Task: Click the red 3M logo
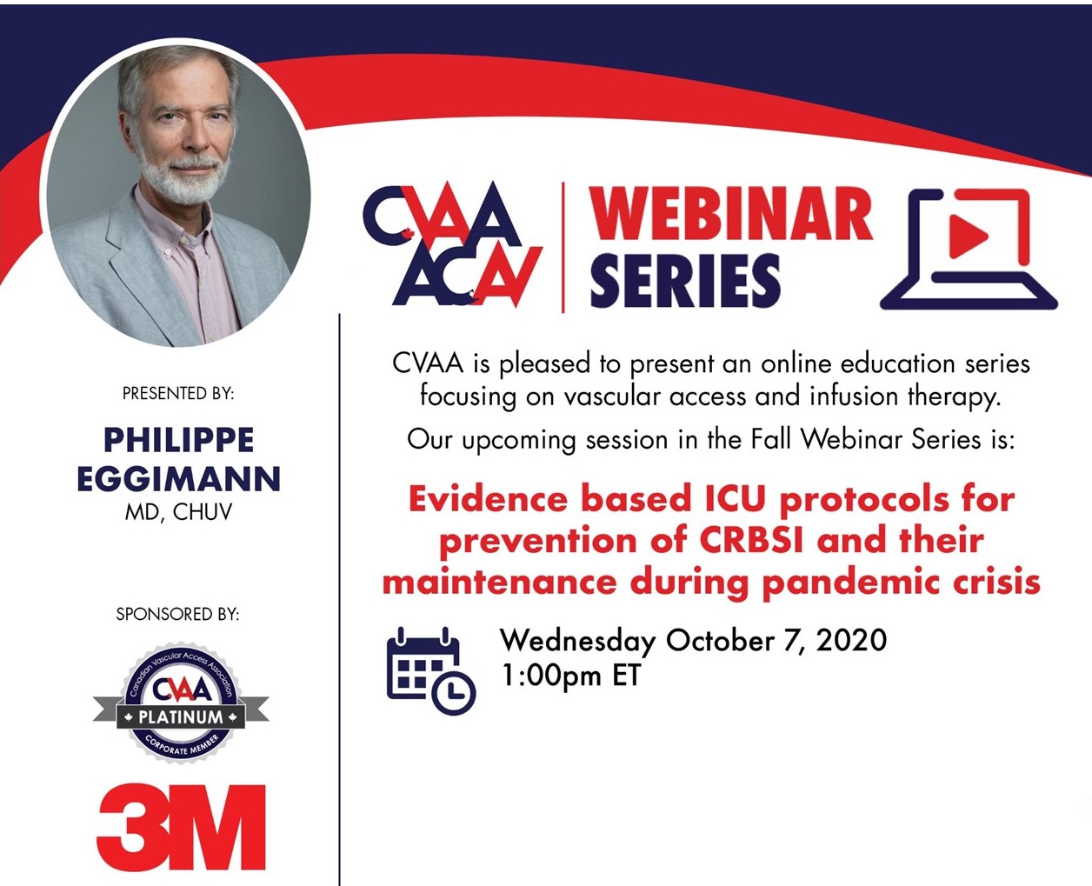(181, 827)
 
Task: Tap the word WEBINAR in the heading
(730, 213)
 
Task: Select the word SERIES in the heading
(685, 281)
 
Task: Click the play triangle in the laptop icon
(968, 236)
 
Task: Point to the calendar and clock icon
(430, 670)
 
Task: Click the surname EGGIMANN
(179, 478)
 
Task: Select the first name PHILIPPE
(179, 440)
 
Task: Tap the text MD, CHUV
(178, 512)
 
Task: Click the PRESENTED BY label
(178, 394)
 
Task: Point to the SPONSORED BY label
(177, 614)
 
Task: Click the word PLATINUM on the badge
(181, 717)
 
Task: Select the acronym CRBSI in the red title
(751, 541)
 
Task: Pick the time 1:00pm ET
(571, 675)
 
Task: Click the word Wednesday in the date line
(578, 642)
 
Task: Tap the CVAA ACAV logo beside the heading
(453, 244)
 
